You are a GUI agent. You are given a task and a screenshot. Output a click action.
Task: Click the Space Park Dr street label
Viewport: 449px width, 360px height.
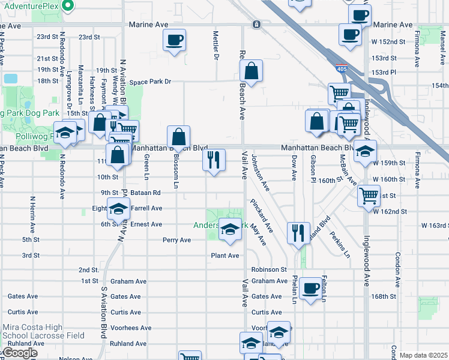tap(151, 82)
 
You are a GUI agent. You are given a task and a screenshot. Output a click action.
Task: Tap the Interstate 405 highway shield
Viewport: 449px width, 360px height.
tap(342, 69)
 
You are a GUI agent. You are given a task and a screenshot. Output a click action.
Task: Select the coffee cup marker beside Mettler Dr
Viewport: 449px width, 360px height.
tap(174, 41)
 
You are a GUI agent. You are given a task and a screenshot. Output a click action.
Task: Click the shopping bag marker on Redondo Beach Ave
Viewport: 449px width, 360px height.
tap(252, 71)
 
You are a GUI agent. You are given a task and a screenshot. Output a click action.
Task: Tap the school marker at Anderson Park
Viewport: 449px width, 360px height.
tap(229, 230)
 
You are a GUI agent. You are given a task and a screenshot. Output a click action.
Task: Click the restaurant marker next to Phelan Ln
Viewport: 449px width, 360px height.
tap(298, 232)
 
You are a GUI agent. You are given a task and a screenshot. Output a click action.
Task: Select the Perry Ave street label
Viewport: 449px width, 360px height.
tap(176, 240)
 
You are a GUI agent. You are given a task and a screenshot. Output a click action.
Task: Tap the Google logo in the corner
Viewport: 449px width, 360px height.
tap(19, 353)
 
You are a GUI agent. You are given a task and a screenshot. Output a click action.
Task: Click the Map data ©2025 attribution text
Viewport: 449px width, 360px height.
tap(423, 355)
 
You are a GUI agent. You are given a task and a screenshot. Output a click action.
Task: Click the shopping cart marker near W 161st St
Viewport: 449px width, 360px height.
tap(369, 196)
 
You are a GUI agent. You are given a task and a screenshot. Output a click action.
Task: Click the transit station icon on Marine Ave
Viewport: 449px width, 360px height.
tap(256, 25)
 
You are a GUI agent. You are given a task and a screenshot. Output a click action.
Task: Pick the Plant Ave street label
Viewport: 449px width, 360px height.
tap(224, 256)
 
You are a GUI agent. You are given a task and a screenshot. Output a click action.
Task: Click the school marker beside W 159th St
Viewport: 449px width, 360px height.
tap(364, 152)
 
